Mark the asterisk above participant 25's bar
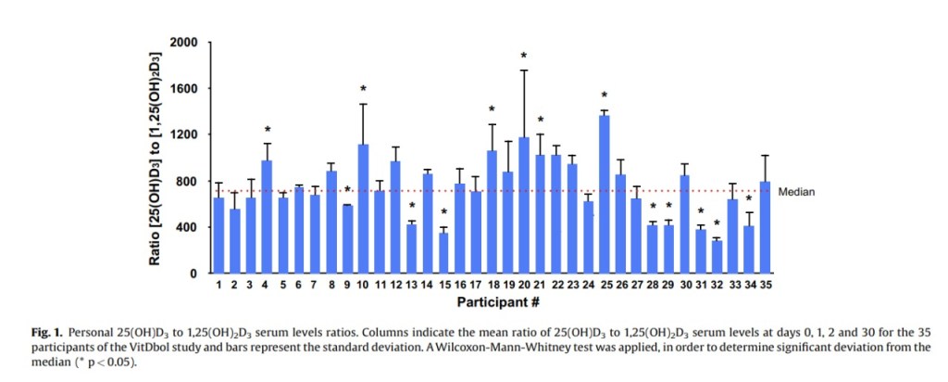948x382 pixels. [605, 95]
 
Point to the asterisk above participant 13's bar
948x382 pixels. [411, 206]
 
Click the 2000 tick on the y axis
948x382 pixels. [184, 43]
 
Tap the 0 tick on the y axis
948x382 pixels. [193, 274]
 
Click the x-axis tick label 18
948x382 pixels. [492, 286]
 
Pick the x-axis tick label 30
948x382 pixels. [685, 286]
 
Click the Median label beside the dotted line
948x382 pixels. [796, 192]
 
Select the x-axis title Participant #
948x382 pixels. [492, 303]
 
